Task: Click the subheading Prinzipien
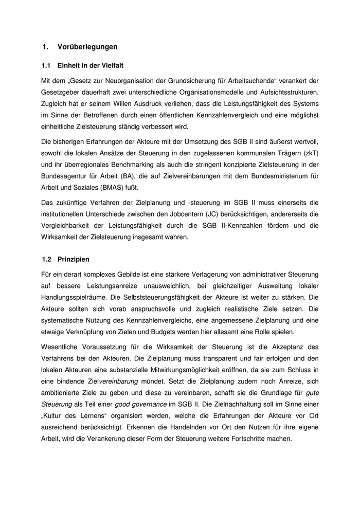click(x=74, y=259)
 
